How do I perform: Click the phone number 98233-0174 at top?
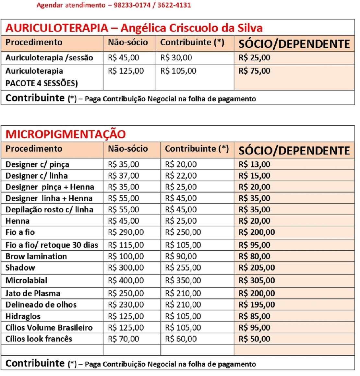coord(132,5)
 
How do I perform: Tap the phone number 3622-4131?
coord(174,5)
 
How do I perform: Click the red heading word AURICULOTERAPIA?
coord(57,28)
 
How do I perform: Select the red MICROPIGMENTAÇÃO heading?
coord(66,134)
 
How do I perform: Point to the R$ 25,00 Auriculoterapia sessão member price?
coord(254,58)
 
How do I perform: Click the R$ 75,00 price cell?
coord(254,71)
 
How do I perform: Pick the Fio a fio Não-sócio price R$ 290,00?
coord(126,232)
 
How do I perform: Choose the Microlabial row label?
coord(26,280)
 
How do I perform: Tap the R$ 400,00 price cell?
coord(126,280)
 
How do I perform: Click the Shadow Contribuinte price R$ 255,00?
coord(183,268)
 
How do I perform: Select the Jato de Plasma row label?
coord(33,293)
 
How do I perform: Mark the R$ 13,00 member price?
coord(254,164)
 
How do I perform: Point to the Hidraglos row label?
coord(23,316)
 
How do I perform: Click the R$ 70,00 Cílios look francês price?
coord(123,339)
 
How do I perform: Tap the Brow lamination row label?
coord(36,256)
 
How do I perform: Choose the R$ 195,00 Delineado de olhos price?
coord(257,305)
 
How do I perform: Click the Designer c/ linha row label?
coord(37,176)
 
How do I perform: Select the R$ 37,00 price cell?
coord(123,176)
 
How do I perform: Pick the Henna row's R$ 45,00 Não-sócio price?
coord(123,221)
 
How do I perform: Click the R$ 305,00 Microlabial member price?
coord(257,280)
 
